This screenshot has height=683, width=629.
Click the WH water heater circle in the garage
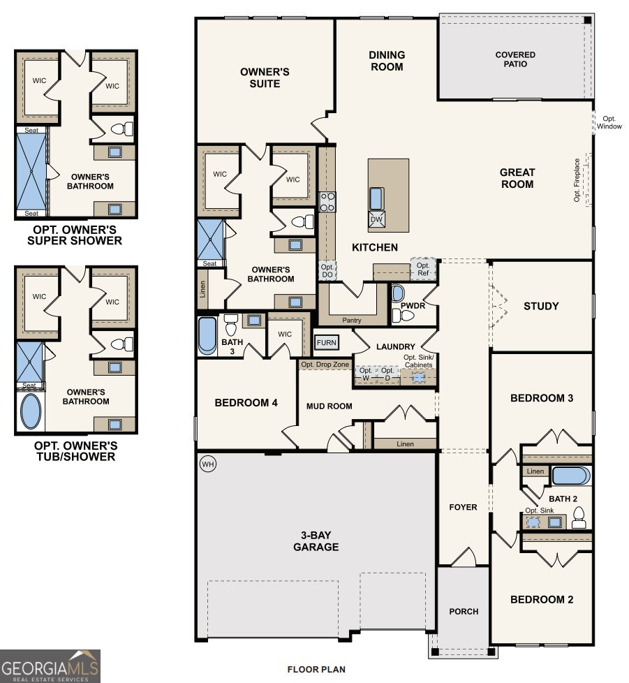pyautogui.click(x=208, y=464)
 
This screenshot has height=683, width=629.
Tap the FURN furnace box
pyautogui.click(x=326, y=343)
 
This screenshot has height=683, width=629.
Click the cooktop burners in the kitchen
pyautogui.click(x=327, y=202)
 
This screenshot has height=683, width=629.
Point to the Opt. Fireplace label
pyautogui.click(x=577, y=180)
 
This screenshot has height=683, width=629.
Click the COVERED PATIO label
pyautogui.click(x=515, y=59)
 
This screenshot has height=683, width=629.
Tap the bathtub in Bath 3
pyautogui.click(x=208, y=336)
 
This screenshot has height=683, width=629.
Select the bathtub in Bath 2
pyautogui.click(x=570, y=476)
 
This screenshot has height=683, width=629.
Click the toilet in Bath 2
pyautogui.click(x=579, y=518)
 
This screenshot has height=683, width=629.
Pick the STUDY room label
pyautogui.click(x=541, y=306)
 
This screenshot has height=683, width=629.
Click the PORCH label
pyautogui.click(x=464, y=611)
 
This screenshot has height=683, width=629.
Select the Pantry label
pyautogui.click(x=352, y=320)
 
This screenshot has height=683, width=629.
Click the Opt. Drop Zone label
pyautogui.click(x=325, y=365)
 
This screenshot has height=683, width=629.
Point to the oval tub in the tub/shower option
pyautogui.click(x=31, y=412)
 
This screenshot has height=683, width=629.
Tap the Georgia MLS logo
pyautogui.click(x=50, y=666)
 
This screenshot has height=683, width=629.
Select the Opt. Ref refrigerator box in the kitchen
pyautogui.click(x=423, y=269)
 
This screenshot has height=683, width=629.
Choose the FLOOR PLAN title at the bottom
pyautogui.click(x=316, y=669)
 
